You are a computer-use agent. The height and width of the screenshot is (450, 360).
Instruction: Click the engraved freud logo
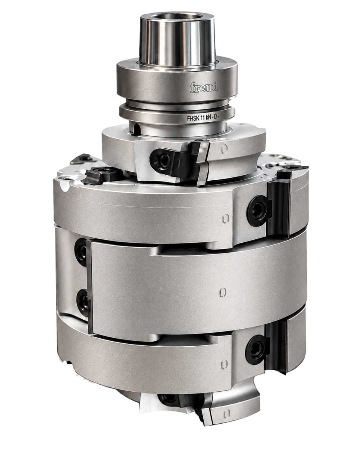pyautogui.click(x=204, y=87)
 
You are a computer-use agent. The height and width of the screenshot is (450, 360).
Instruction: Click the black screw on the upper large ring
pyautogui.click(x=259, y=211)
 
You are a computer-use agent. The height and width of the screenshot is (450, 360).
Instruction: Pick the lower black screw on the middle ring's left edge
pyautogui.click(x=82, y=302)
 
